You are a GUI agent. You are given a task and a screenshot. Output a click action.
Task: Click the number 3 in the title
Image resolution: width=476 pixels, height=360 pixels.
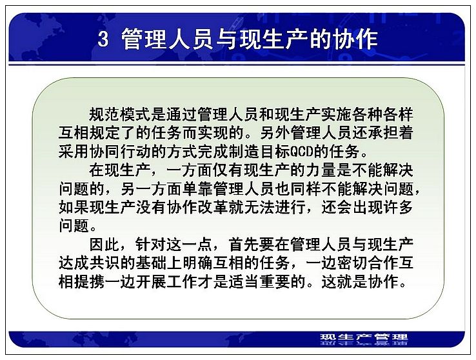click(103, 39)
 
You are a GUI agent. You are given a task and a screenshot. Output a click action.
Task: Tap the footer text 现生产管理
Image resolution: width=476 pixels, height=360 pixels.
click(364, 337)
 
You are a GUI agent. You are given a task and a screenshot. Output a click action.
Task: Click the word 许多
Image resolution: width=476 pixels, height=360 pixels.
click(399, 207)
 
